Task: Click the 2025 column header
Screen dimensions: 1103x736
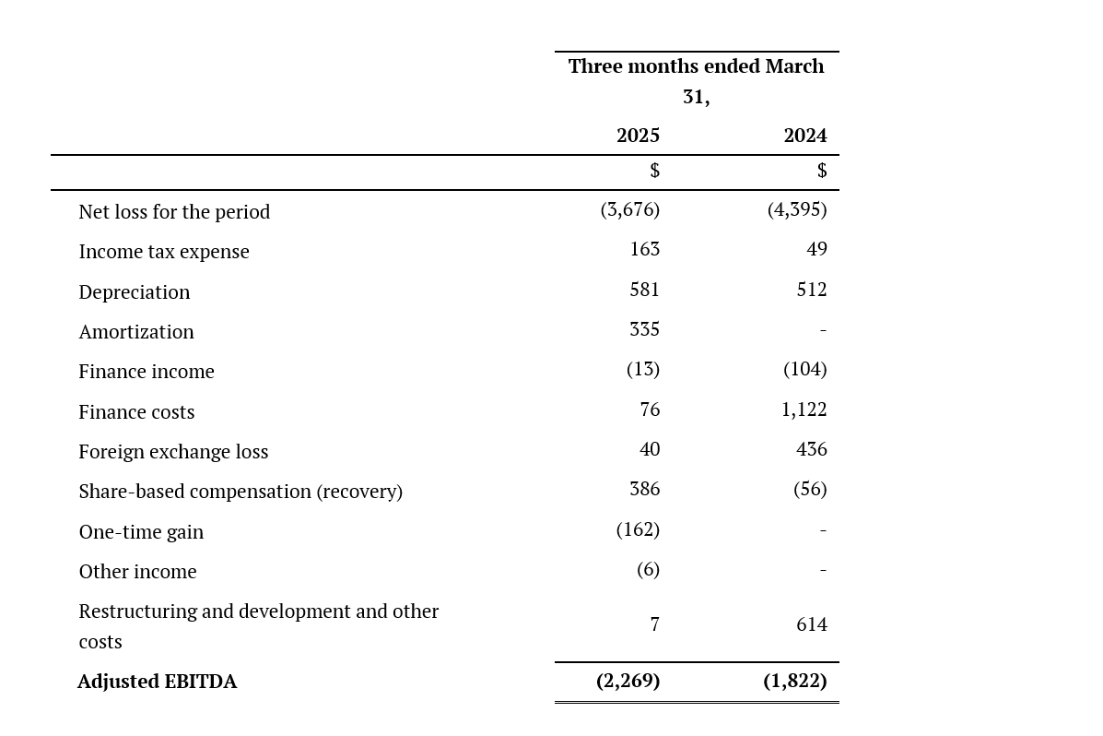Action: click(x=638, y=136)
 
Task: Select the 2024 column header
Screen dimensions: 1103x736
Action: click(x=805, y=136)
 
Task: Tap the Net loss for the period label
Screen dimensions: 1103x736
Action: click(x=174, y=212)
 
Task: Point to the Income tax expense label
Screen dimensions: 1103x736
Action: click(x=164, y=252)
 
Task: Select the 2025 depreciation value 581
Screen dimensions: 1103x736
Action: click(x=644, y=290)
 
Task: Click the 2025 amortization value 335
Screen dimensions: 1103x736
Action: click(x=644, y=329)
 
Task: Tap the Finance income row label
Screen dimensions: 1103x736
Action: click(x=147, y=371)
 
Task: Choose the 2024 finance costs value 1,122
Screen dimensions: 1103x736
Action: click(x=804, y=410)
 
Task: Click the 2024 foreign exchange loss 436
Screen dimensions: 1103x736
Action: click(x=812, y=449)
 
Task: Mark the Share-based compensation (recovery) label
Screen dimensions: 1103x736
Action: click(x=241, y=492)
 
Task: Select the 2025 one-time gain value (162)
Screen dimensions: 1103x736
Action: click(x=638, y=529)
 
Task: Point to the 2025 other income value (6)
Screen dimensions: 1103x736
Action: click(x=649, y=569)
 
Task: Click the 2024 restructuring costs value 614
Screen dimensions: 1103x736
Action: click(x=812, y=624)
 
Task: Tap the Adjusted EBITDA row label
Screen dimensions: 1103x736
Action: click(x=158, y=682)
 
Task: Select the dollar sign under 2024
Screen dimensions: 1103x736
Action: click(x=822, y=171)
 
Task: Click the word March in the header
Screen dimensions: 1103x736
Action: click(x=794, y=66)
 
